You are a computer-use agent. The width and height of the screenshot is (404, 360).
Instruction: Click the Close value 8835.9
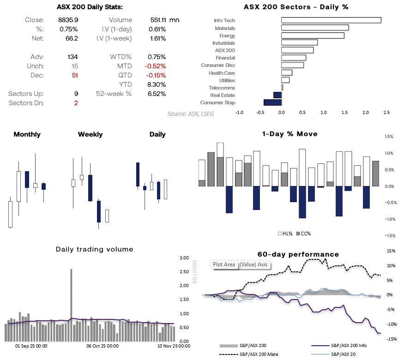(69, 20)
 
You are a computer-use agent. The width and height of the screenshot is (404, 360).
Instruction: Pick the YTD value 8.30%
(157, 84)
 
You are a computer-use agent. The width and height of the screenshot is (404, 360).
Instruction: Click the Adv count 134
(72, 57)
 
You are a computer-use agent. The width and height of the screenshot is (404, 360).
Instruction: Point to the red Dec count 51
(75, 75)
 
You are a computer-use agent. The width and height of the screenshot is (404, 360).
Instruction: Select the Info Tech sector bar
(331, 20)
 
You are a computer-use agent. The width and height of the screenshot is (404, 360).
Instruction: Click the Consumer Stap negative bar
(272, 102)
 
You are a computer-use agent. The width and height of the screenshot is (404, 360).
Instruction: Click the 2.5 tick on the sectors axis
(386, 112)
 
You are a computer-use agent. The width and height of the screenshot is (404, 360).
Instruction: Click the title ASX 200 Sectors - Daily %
(295, 7)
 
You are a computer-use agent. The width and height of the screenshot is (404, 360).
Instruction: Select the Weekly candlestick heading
(90, 134)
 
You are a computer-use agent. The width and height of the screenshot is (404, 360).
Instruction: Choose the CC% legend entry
(303, 234)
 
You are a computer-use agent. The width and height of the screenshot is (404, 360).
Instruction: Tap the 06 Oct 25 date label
(103, 346)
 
